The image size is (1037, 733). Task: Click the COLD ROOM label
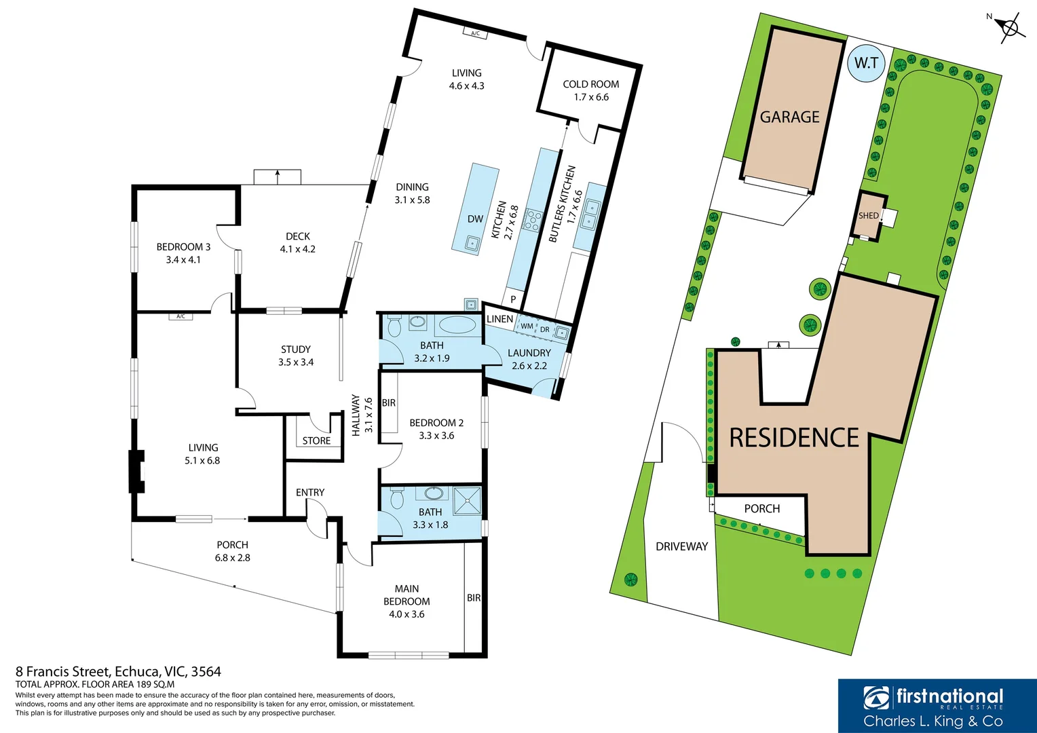click(x=590, y=84)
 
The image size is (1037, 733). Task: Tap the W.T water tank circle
click(x=866, y=63)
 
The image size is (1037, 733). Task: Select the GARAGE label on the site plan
click(x=789, y=117)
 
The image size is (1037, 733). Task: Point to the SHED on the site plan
click(x=869, y=216)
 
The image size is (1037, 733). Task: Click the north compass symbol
click(x=1011, y=28)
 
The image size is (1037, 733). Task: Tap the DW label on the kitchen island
click(x=475, y=219)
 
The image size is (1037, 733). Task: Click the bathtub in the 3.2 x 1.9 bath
click(x=457, y=325)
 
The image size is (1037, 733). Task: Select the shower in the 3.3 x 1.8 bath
click(x=467, y=500)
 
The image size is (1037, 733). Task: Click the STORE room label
click(x=316, y=440)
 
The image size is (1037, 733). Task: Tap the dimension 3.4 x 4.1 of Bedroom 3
click(x=183, y=260)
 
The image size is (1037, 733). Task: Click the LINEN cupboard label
click(x=499, y=319)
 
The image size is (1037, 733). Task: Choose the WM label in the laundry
click(x=527, y=326)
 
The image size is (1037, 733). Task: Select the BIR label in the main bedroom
click(x=474, y=598)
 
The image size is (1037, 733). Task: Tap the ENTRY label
click(x=310, y=492)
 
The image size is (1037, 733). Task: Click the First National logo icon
click(x=876, y=698)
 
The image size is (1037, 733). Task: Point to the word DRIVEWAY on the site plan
click(x=681, y=546)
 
